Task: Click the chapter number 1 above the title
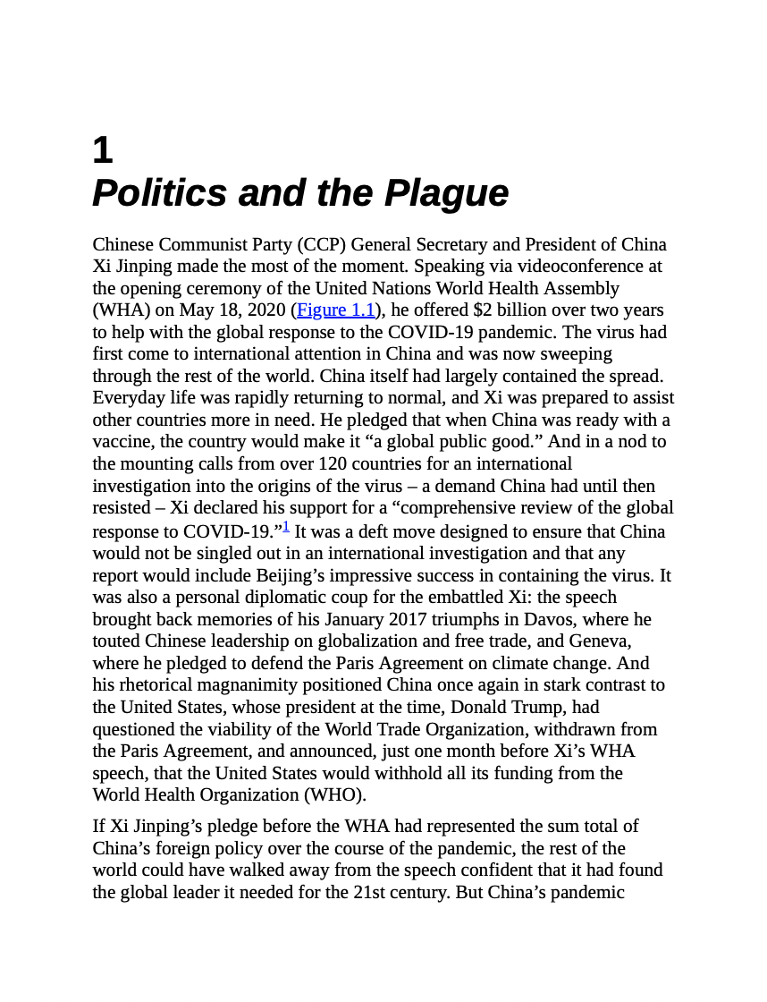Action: click(103, 150)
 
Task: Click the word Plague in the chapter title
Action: click(446, 193)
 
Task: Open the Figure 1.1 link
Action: click(335, 310)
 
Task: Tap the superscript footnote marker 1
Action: click(286, 527)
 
